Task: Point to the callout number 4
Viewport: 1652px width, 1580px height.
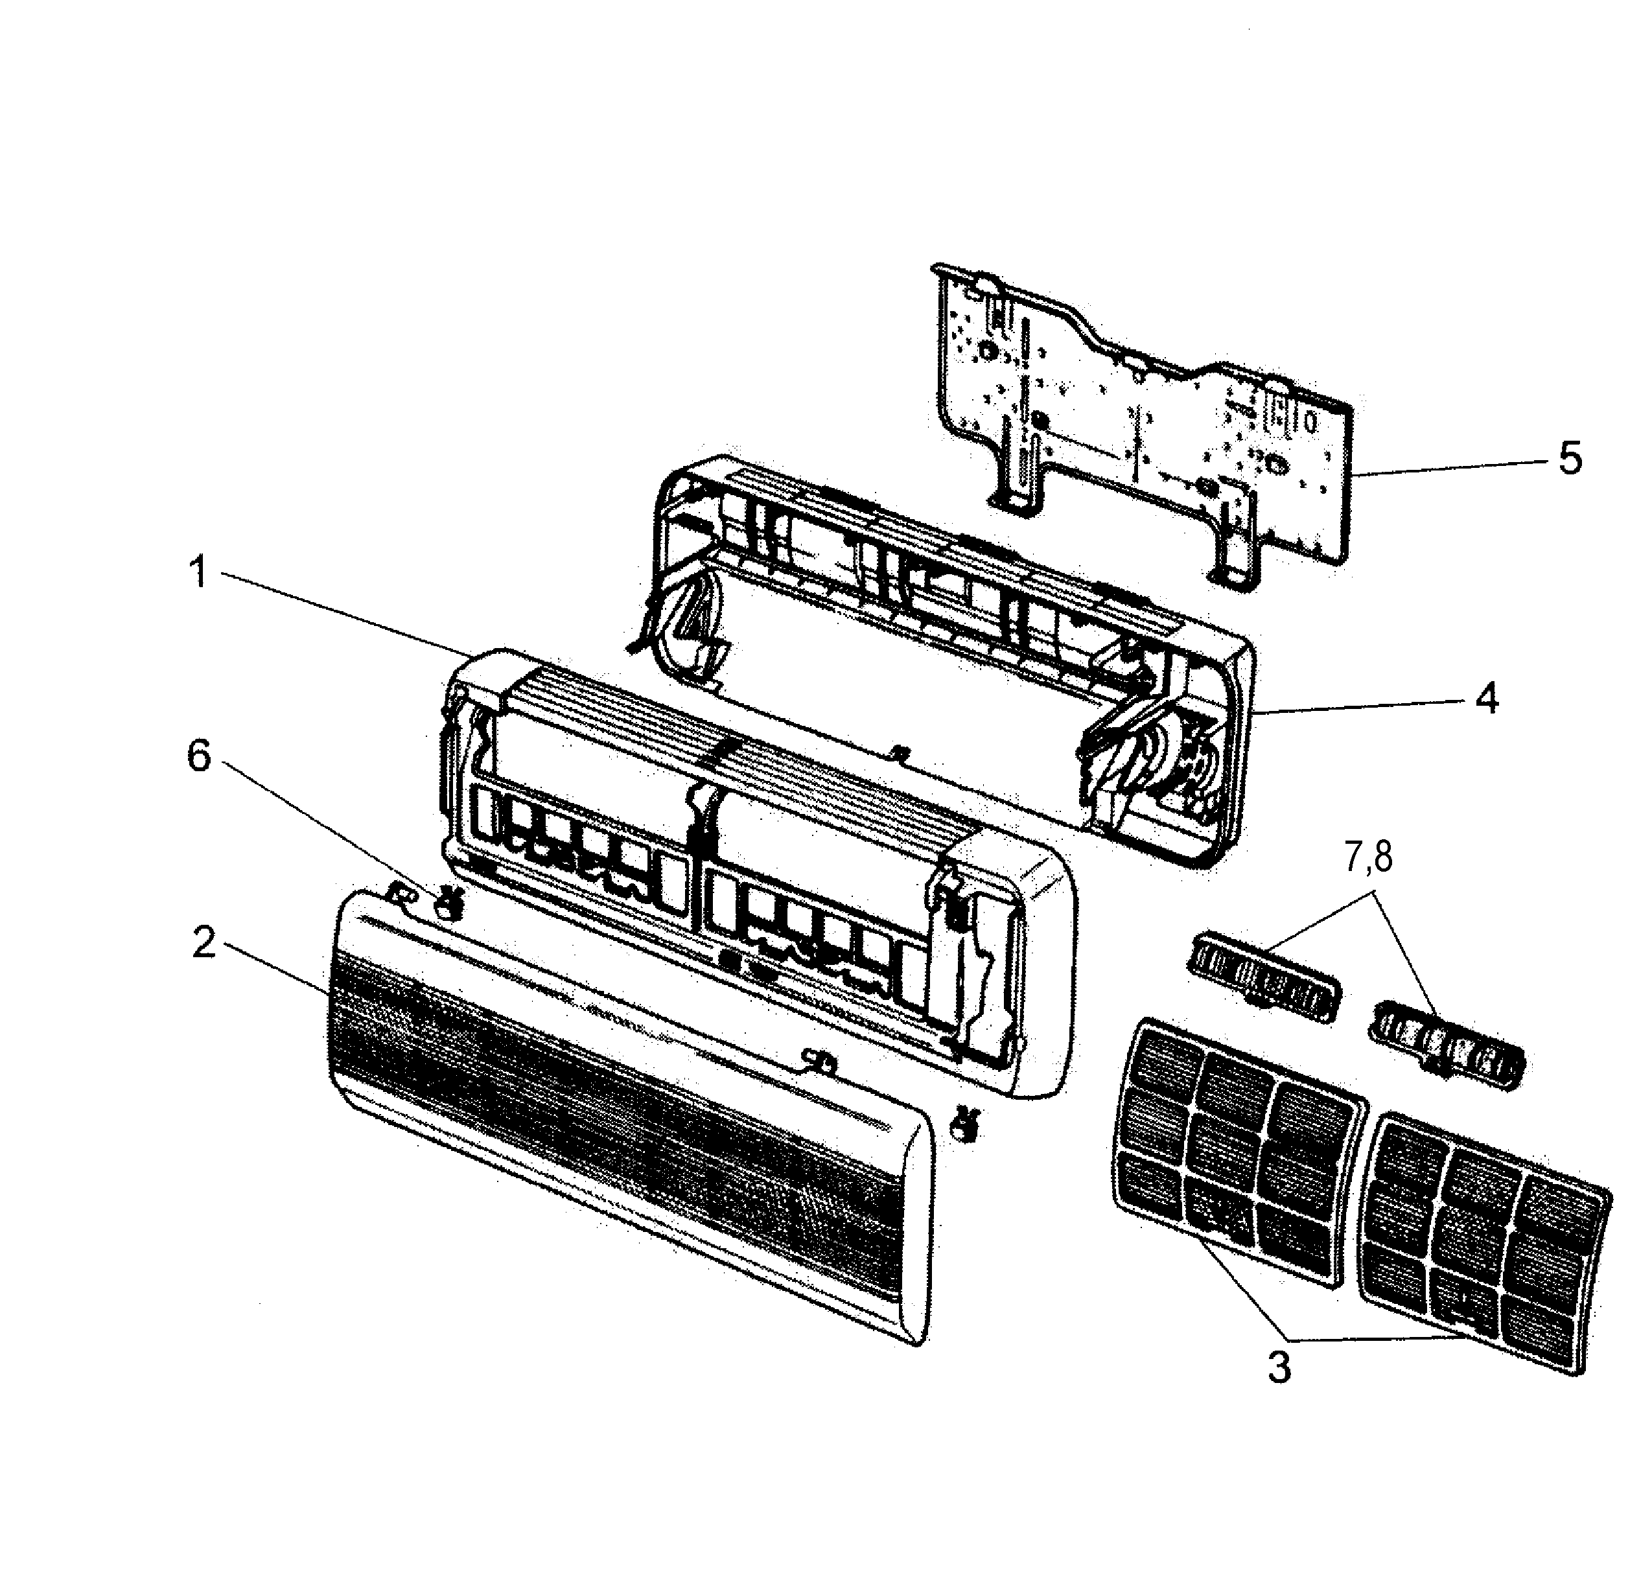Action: tap(1487, 698)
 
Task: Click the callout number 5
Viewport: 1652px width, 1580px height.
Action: tap(1570, 458)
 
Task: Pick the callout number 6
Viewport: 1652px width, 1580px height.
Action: tap(199, 756)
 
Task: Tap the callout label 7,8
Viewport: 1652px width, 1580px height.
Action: tap(1368, 857)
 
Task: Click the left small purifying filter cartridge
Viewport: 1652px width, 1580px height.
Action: tap(1261, 978)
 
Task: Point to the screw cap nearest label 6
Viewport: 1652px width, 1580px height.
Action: tap(449, 903)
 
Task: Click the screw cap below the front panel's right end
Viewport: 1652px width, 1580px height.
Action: tap(964, 1125)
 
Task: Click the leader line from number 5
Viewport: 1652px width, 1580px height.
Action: tap(1449, 467)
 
